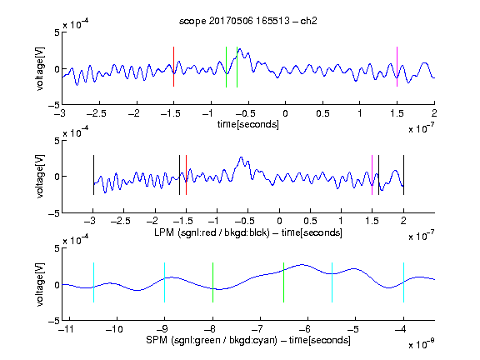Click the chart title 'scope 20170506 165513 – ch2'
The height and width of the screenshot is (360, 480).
248,21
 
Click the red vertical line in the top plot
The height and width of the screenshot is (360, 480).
174,67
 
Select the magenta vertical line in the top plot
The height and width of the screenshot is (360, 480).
397,67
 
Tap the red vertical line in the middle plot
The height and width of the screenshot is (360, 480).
186,175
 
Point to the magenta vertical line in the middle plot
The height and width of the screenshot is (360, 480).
372,175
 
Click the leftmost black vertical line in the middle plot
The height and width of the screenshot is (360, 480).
93,175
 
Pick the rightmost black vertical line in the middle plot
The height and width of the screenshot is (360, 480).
403,175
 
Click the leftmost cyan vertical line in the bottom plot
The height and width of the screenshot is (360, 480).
93,282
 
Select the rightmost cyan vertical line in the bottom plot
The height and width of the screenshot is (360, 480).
403,282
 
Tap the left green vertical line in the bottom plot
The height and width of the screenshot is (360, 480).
212,282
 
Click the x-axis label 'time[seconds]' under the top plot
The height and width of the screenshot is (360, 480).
248,124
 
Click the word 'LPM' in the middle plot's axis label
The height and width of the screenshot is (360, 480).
164,232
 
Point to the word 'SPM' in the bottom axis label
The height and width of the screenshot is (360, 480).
157,340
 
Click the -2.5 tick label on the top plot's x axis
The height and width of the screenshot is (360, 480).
96,113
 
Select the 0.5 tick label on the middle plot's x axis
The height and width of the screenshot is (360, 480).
310,221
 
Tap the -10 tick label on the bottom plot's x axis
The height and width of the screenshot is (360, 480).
114,329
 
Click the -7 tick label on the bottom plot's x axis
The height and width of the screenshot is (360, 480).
259,329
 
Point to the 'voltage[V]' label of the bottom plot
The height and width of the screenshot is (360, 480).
40,284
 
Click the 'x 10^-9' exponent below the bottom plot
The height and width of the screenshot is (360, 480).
421,344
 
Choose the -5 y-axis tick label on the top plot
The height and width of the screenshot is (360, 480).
54,105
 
